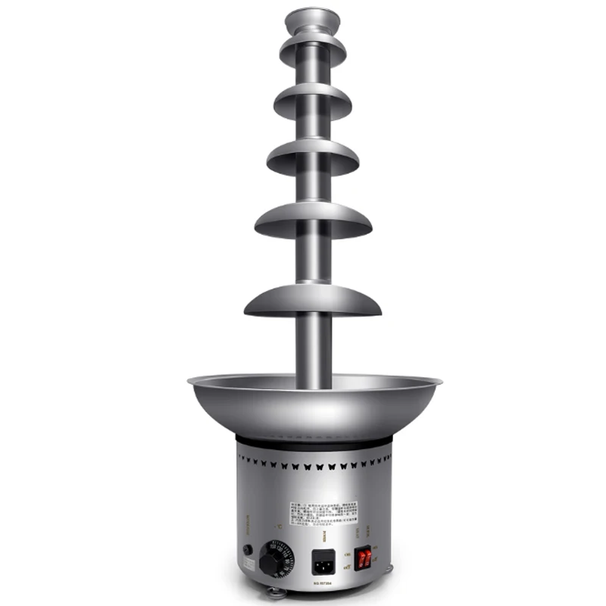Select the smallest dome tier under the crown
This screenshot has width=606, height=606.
point(312,51)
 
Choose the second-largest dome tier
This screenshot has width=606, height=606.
point(313,220)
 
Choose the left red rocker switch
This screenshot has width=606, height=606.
point(362,559)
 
